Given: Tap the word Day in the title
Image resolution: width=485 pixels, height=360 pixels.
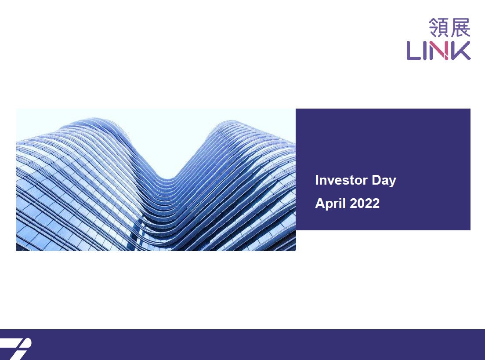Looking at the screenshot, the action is [384, 181].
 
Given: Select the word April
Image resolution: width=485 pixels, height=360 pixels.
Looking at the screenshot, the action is [330, 204].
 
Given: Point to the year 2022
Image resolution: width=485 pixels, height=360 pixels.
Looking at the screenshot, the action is [365, 204].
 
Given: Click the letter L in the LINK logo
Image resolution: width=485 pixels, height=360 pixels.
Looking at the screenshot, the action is [413, 51].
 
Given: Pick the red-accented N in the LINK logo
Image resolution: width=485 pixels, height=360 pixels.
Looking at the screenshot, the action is [440, 51].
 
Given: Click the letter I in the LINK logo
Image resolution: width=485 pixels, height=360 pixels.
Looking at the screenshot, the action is [426, 51].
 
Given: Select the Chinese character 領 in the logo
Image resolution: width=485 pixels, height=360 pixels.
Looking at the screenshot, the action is [438, 28].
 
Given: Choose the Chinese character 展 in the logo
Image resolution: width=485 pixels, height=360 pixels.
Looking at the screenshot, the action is [460, 28].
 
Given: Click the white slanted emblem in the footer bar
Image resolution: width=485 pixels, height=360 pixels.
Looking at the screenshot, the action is [17, 349].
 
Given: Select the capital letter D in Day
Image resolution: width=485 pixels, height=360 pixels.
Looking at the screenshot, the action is [376, 180].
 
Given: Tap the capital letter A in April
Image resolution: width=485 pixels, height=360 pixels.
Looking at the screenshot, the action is [320, 204].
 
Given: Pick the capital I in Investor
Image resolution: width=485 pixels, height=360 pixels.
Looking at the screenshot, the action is [317, 180].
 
